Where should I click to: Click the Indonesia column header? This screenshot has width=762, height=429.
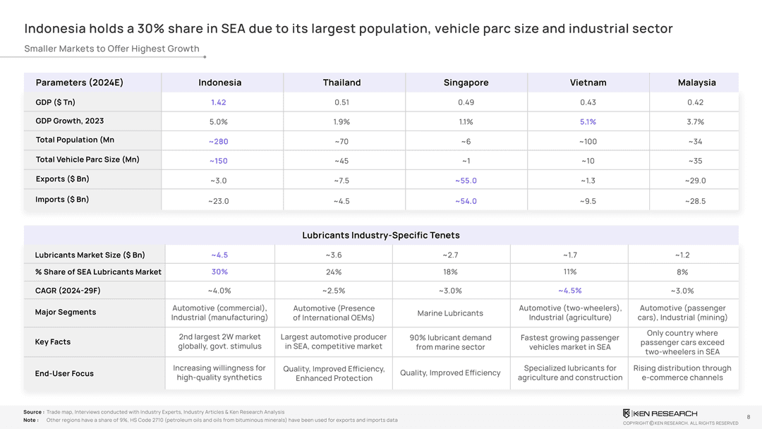click(x=219, y=83)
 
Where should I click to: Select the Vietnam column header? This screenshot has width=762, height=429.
click(x=588, y=83)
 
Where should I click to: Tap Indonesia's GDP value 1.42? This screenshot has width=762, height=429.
click(x=218, y=102)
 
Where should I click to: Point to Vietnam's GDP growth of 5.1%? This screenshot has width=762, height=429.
click(x=587, y=122)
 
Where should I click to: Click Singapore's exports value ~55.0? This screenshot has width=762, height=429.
click(x=465, y=181)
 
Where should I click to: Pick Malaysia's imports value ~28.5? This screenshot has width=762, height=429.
click(x=695, y=201)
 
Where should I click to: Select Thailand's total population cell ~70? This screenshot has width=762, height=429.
click(x=341, y=142)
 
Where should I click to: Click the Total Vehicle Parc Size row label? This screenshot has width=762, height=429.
click(x=87, y=159)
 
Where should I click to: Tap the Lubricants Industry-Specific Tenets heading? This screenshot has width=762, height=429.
click(x=381, y=235)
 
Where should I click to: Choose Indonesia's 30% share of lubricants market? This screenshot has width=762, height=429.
click(x=219, y=272)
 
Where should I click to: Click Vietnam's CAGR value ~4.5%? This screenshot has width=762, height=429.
click(x=569, y=290)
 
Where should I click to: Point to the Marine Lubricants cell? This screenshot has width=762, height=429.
click(x=450, y=313)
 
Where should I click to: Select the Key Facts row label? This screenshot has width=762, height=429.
click(x=53, y=342)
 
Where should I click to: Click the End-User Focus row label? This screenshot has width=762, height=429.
click(x=64, y=373)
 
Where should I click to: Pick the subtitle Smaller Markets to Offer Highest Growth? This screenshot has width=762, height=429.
click(x=111, y=49)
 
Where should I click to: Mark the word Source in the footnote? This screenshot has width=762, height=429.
click(x=32, y=412)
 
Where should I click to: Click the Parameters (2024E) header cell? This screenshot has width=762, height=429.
click(x=79, y=83)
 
